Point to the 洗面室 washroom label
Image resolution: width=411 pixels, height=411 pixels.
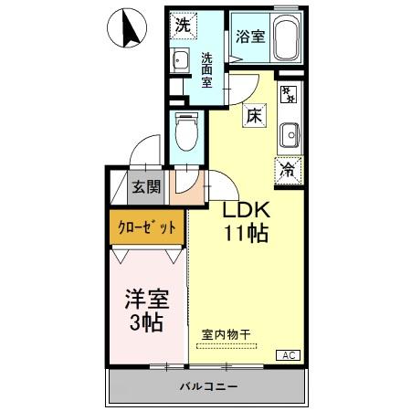tap(207, 68)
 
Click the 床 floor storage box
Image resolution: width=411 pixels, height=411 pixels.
tap(254, 116)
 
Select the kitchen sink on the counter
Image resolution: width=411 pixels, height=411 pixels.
tap(290, 133)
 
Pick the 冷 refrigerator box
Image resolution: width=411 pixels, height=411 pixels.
tap(288, 169)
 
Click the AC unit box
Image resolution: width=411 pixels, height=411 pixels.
tap(286, 354)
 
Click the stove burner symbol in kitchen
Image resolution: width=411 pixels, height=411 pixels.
tap(289, 93)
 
